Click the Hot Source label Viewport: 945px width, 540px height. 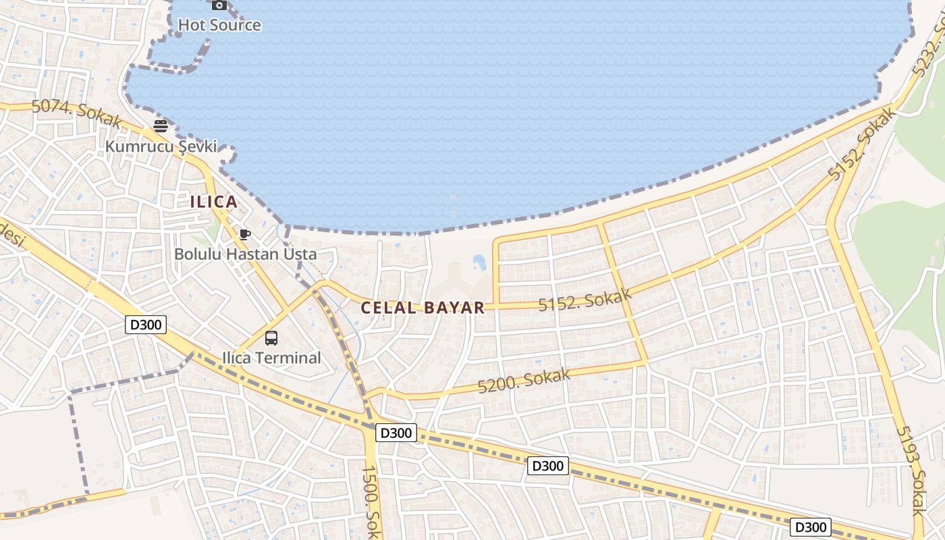pos(219,25)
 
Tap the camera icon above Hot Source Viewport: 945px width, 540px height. pos(219,5)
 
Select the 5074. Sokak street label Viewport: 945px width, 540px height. pos(76,113)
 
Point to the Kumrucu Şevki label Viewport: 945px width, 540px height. pos(161,146)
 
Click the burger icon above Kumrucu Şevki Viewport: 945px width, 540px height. pos(160,126)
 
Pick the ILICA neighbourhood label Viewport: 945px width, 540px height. pos(213,201)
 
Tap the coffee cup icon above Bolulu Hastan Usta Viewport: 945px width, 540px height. pos(245,234)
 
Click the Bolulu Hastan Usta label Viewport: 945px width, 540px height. pos(245,254)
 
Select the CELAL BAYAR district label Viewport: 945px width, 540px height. pos(423,308)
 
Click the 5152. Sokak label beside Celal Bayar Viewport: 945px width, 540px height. pos(585,300)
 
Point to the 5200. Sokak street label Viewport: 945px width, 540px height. pos(524,381)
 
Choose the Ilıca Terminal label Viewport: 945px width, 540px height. pos(271,358)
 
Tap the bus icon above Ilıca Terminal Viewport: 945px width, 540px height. pos(271,338)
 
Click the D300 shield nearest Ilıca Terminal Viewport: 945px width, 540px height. pos(146,325)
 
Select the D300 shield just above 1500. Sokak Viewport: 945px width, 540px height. pos(396,433)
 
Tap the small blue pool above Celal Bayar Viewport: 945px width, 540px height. pos(480,261)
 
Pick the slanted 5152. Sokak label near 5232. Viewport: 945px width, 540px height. pos(863,144)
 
